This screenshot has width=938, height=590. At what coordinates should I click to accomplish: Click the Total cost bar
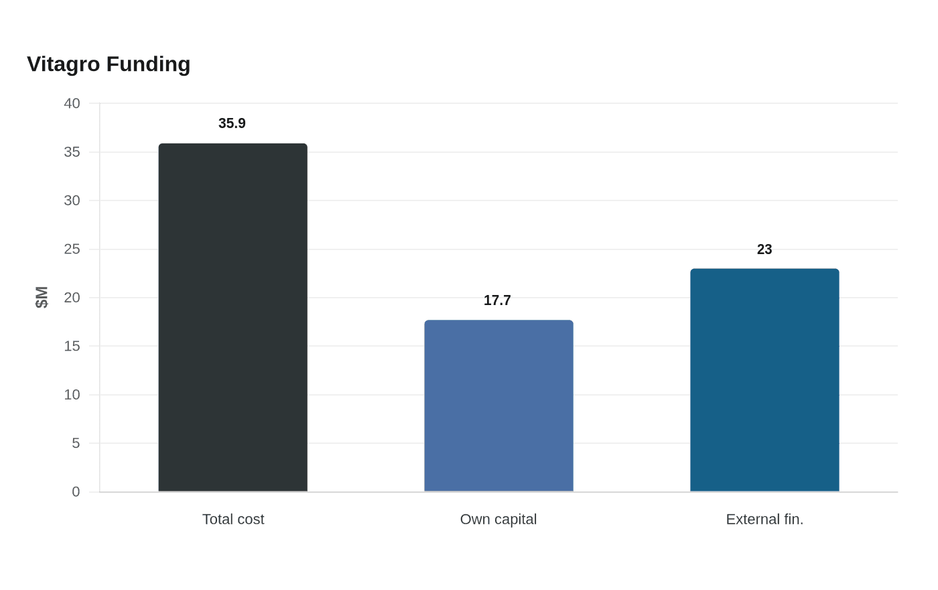(233, 317)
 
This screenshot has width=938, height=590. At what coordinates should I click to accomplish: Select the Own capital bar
(498, 406)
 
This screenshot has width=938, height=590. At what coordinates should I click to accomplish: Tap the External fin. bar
(764, 380)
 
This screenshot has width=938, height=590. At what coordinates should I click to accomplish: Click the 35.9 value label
(232, 123)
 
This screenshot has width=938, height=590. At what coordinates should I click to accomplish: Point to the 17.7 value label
(497, 300)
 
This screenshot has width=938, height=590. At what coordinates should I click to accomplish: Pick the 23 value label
(764, 249)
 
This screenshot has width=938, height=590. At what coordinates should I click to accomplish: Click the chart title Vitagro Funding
(109, 64)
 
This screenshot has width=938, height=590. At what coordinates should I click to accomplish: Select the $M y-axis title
(42, 297)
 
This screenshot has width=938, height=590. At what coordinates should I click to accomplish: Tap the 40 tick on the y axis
(72, 103)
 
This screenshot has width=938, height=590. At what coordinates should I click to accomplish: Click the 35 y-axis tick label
(72, 152)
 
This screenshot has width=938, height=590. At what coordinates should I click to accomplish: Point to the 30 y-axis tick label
(72, 200)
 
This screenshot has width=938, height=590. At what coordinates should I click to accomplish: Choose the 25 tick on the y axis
(72, 249)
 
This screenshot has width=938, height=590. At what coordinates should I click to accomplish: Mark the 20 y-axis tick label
(72, 298)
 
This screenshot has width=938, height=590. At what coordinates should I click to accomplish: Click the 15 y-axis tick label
(72, 346)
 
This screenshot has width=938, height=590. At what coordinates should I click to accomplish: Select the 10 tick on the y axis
(72, 395)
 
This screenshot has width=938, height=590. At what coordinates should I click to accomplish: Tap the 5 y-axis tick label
(76, 443)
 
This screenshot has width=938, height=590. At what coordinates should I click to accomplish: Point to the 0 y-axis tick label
(76, 491)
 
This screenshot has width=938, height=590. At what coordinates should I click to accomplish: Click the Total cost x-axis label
(233, 520)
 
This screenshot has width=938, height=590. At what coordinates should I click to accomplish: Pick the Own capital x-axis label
(498, 520)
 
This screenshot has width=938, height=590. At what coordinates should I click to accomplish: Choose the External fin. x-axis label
(764, 520)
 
